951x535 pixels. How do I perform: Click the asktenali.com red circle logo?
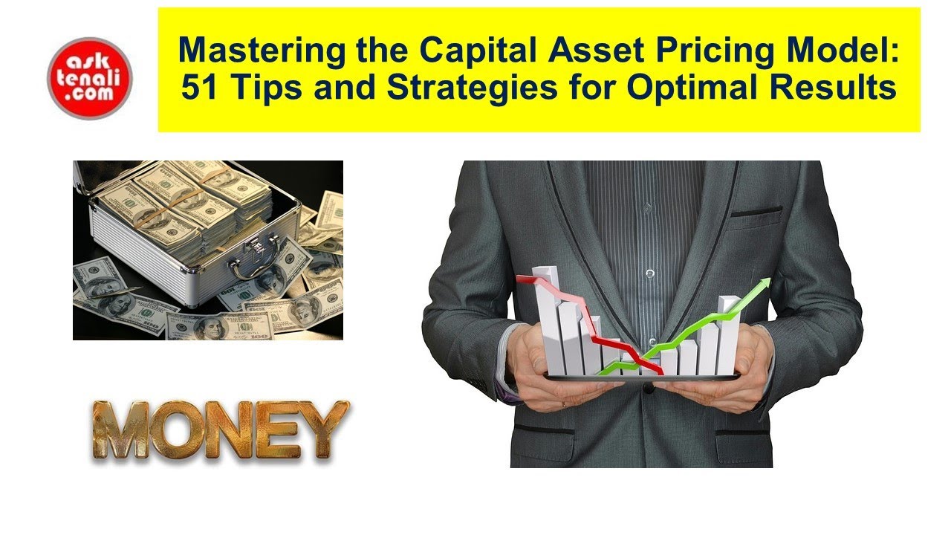pos(89,76)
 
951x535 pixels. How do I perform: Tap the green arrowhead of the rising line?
pos(762,285)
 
